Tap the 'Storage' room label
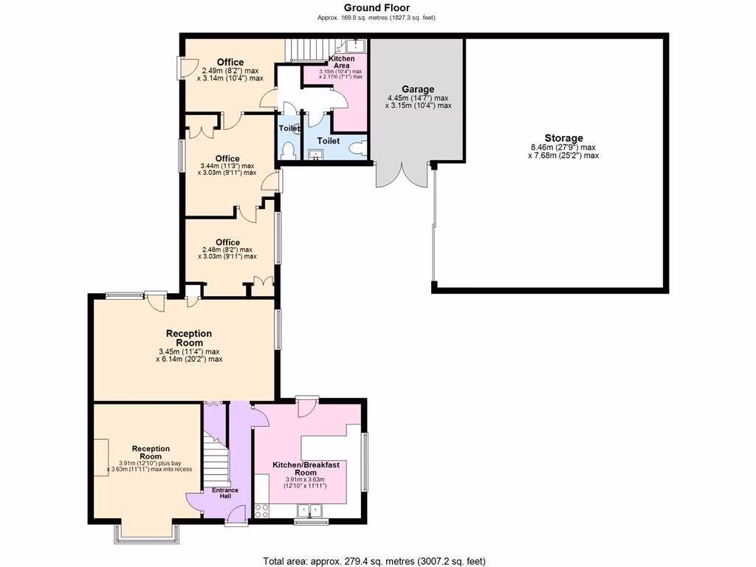point(563,138)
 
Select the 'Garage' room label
point(417,89)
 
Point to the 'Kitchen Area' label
point(341,61)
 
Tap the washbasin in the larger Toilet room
point(316,154)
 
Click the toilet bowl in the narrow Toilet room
point(289,151)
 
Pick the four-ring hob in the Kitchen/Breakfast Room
point(262,509)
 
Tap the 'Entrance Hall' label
point(225,493)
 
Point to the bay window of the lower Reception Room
point(145,537)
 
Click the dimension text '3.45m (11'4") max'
point(189,351)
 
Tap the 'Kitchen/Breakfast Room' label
point(306,468)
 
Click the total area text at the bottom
point(374,560)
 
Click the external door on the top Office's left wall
point(182,68)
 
